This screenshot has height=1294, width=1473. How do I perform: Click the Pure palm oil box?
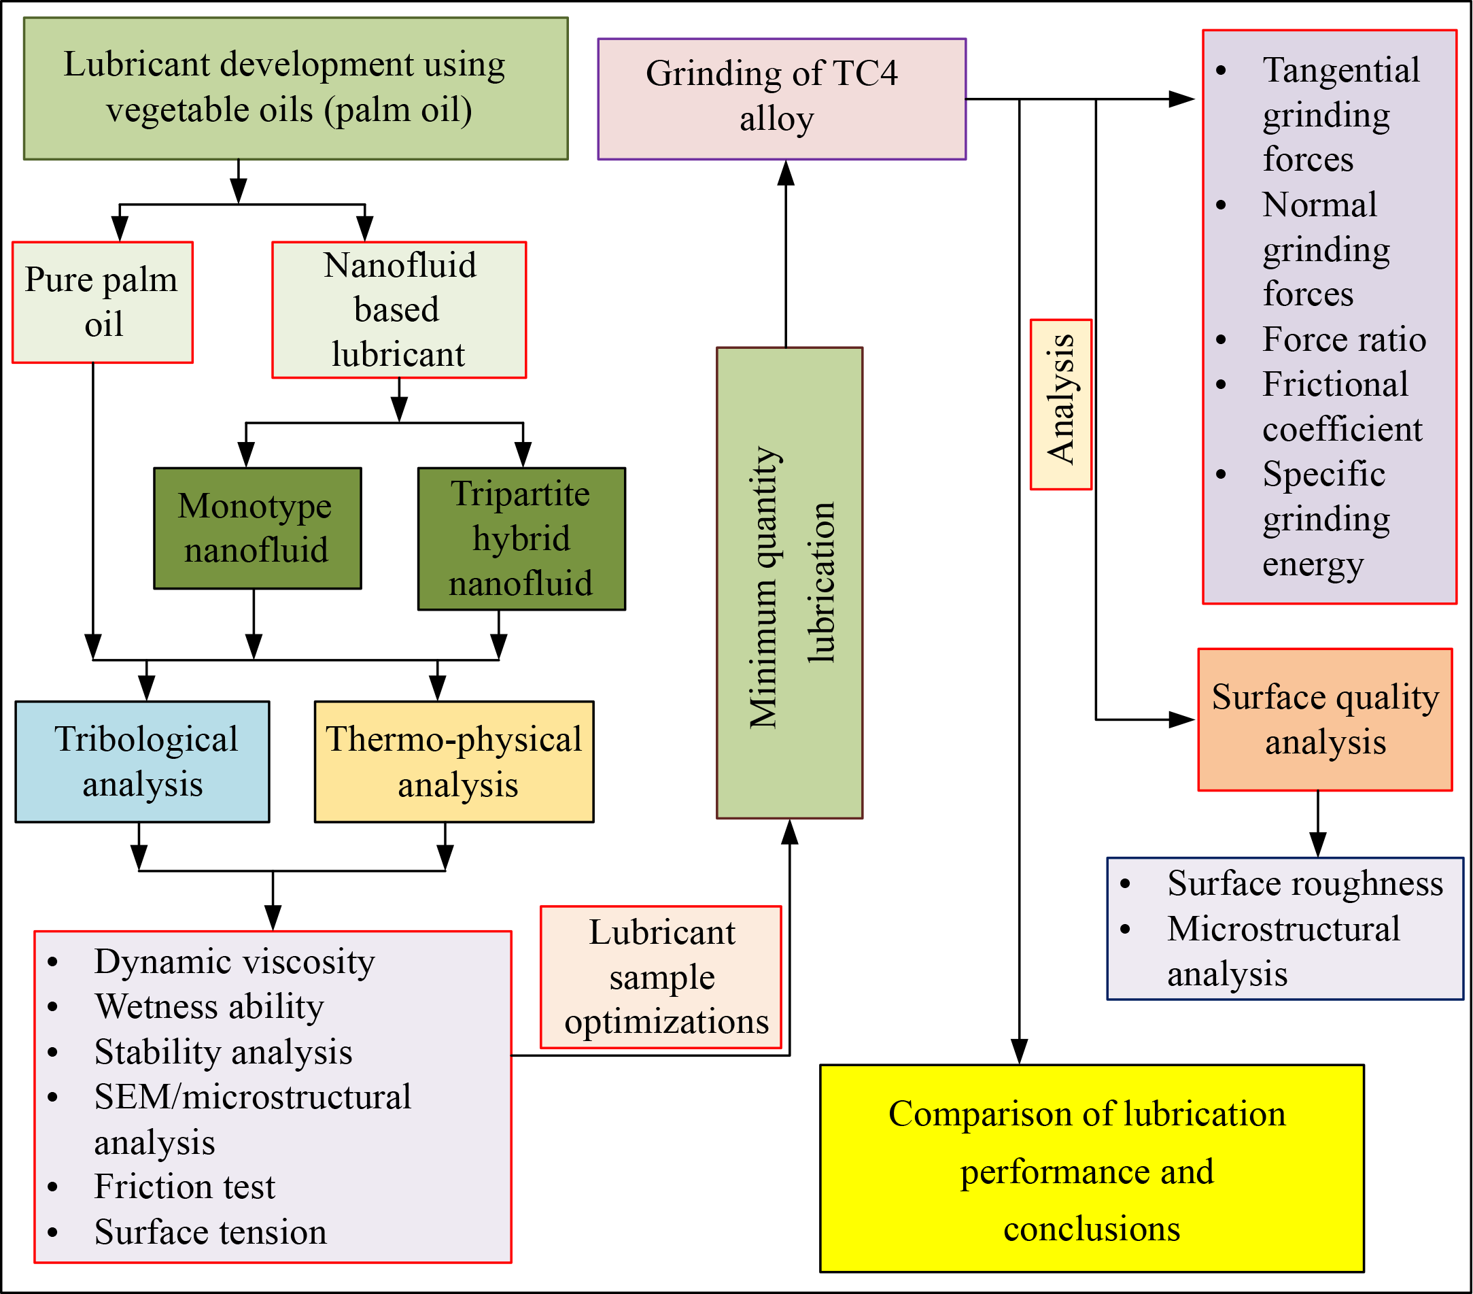click(x=103, y=302)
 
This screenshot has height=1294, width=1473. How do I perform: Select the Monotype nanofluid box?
click(x=257, y=528)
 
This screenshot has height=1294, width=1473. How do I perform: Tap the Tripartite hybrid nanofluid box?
click(x=522, y=539)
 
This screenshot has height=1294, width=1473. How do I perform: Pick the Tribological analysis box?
click(x=143, y=762)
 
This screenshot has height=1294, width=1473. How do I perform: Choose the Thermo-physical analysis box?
click(x=454, y=762)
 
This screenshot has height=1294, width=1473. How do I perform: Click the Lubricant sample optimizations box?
click(x=661, y=977)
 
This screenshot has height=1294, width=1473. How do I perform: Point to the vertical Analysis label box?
click(x=1061, y=405)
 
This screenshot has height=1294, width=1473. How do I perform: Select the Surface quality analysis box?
click(x=1325, y=719)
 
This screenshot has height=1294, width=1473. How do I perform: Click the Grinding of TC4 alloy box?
click(x=781, y=99)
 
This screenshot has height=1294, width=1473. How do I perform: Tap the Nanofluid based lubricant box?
click(x=398, y=310)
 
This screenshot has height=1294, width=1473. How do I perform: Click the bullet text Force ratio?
click(x=1344, y=339)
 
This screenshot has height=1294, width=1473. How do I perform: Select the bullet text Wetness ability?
click(x=209, y=1006)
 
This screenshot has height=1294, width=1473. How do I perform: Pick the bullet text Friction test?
click(x=184, y=1187)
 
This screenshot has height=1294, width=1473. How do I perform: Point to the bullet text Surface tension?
click(x=211, y=1232)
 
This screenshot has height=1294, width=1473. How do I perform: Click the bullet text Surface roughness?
click(x=1305, y=883)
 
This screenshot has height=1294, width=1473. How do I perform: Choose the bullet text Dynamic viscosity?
click(x=235, y=961)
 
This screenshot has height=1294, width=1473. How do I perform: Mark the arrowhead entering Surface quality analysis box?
click(x=1181, y=719)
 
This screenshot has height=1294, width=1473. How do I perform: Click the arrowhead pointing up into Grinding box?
click(x=786, y=173)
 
